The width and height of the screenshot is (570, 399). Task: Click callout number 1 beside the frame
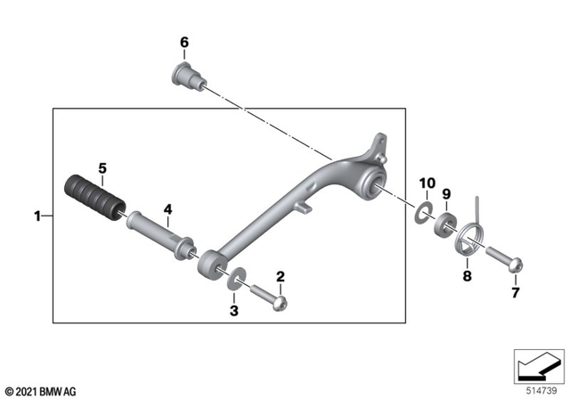37,216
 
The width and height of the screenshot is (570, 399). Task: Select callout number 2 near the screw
280,277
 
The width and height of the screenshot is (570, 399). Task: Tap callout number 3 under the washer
234,310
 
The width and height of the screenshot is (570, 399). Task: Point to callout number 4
166,211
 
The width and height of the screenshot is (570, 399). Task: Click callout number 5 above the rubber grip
102,167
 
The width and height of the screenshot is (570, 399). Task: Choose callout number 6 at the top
184,42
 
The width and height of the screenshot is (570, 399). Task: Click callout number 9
448,192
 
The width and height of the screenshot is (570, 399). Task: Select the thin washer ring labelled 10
424,211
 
